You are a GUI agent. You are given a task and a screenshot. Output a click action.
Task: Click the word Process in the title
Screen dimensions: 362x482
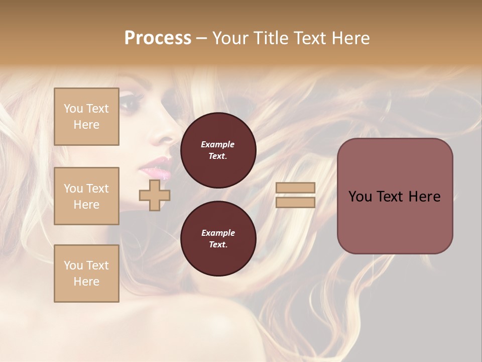coord(158,38)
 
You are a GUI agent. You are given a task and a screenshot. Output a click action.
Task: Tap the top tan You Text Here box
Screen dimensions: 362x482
coord(86,117)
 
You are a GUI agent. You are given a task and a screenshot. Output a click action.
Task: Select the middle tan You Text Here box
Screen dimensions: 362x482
coord(86,196)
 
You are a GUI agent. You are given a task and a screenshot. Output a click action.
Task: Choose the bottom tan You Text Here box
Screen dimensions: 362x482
coord(86,274)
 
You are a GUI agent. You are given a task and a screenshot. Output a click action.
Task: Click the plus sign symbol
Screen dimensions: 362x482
coord(155,195)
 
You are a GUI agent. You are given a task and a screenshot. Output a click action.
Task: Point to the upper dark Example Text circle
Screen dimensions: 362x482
coord(218,150)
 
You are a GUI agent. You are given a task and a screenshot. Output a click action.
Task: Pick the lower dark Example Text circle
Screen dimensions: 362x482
coord(218,239)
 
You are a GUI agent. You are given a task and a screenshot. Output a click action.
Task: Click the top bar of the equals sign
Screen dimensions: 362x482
coord(295,188)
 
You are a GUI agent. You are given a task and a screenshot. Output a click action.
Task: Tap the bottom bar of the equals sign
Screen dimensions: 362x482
coord(295,202)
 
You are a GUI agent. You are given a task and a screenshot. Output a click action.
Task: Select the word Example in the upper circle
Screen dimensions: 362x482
coord(218,144)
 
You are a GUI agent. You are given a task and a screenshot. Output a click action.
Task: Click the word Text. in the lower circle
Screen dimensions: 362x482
coord(218,245)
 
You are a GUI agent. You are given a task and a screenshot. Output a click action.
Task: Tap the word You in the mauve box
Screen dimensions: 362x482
coord(359,197)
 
